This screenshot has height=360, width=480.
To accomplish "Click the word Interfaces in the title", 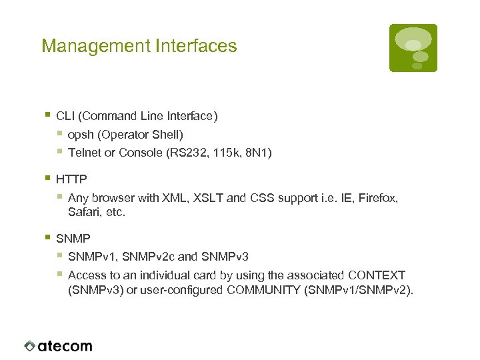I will (x=196, y=46).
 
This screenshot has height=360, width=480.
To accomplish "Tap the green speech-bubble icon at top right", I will (x=413, y=47).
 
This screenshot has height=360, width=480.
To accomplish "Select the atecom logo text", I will (x=65, y=346).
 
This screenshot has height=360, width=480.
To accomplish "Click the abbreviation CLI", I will (x=65, y=116).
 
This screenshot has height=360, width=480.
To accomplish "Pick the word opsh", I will (x=81, y=135).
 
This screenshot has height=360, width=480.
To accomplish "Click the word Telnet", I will (x=84, y=153).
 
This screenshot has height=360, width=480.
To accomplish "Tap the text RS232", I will (x=191, y=153).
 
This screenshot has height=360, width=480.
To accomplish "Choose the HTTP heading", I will (x=71, y=179).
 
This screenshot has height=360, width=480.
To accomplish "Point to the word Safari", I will (x=84, y=213).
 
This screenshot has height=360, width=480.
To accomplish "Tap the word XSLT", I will (x=201, y=198).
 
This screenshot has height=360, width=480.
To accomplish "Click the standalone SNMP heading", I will (x=73, y=238).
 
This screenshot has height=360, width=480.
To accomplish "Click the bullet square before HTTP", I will (x=47, y=179).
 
